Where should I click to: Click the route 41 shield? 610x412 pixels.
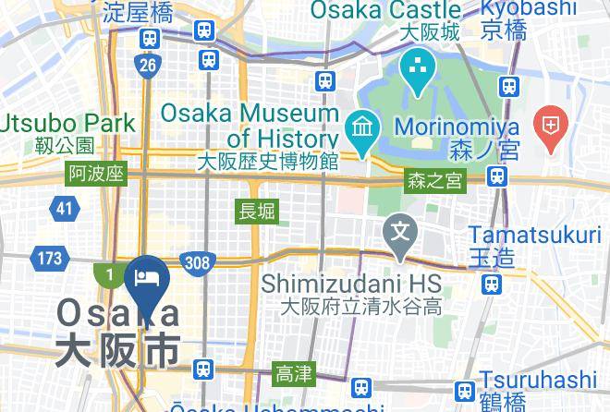pos(63,209)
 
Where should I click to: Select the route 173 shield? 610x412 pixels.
pos(48,259)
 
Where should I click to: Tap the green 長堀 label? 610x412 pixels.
pos(257,211)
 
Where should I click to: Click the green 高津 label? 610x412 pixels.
pos(294,374)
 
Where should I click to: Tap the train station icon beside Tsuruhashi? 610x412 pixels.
pos(465,390)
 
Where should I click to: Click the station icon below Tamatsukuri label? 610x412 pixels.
pos(494,281)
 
